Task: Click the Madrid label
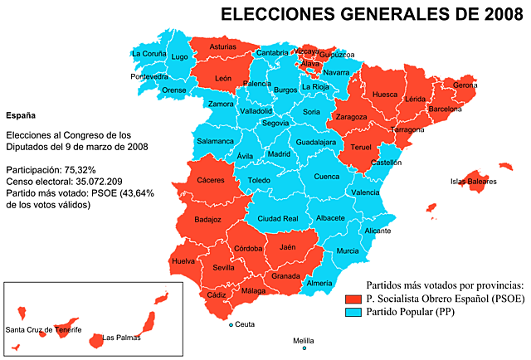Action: (x=279, y=154)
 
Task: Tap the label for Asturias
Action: (x=222, y=47)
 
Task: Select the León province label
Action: (x=223, y=79)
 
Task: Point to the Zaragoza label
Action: (x=352, y=117)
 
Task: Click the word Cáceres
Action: (x=211, y=180)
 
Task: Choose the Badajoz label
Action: (x=207, y=220)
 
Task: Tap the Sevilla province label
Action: (x=224, y=268)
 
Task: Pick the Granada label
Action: (x=285, y=276)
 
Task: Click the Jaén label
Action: (x=288, y=247)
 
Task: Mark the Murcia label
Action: (x=348, y=251)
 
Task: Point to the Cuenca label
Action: (x=327, y=177)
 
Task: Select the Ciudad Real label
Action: (x=278, y=218)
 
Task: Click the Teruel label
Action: (x=361, y=148)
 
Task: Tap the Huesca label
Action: (x=385, y=95)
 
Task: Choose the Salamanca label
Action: (x=215, y=141)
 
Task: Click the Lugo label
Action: (x=179, y=57)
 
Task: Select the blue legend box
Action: (x=354, y=313)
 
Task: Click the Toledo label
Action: (x=259, y=180)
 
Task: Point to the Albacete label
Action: (x=330, y=218)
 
